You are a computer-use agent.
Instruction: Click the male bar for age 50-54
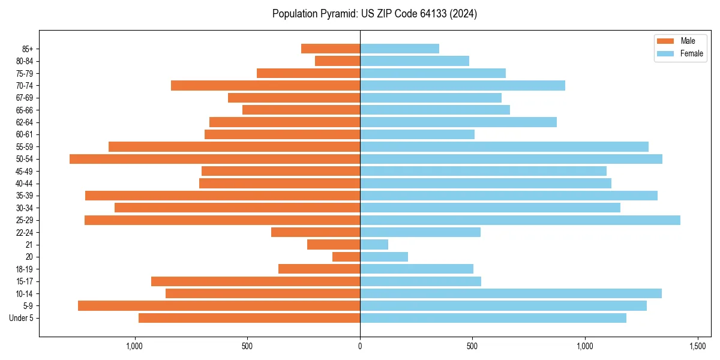click(215, 159)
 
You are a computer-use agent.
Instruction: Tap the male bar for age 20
click(346, 257)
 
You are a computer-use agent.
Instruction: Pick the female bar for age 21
click(374, 245)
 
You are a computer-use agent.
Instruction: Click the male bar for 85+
click(331, 49)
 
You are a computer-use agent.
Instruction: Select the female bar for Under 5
click(493, 318)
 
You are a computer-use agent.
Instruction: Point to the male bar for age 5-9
click(219, 306)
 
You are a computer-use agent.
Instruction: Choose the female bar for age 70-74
click(463, 86)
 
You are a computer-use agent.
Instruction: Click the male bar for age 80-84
click(337, 61)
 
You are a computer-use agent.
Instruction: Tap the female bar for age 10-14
click(511, 293)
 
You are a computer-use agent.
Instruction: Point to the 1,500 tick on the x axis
click(697, 346)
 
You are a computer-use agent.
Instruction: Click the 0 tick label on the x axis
click(360, 346)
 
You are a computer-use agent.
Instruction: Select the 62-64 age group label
click(24, 122)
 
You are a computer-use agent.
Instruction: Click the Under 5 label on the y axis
click(22, 318)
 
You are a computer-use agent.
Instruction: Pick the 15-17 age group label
click(24, 281)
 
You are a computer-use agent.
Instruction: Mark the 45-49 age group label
click(24, 171)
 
